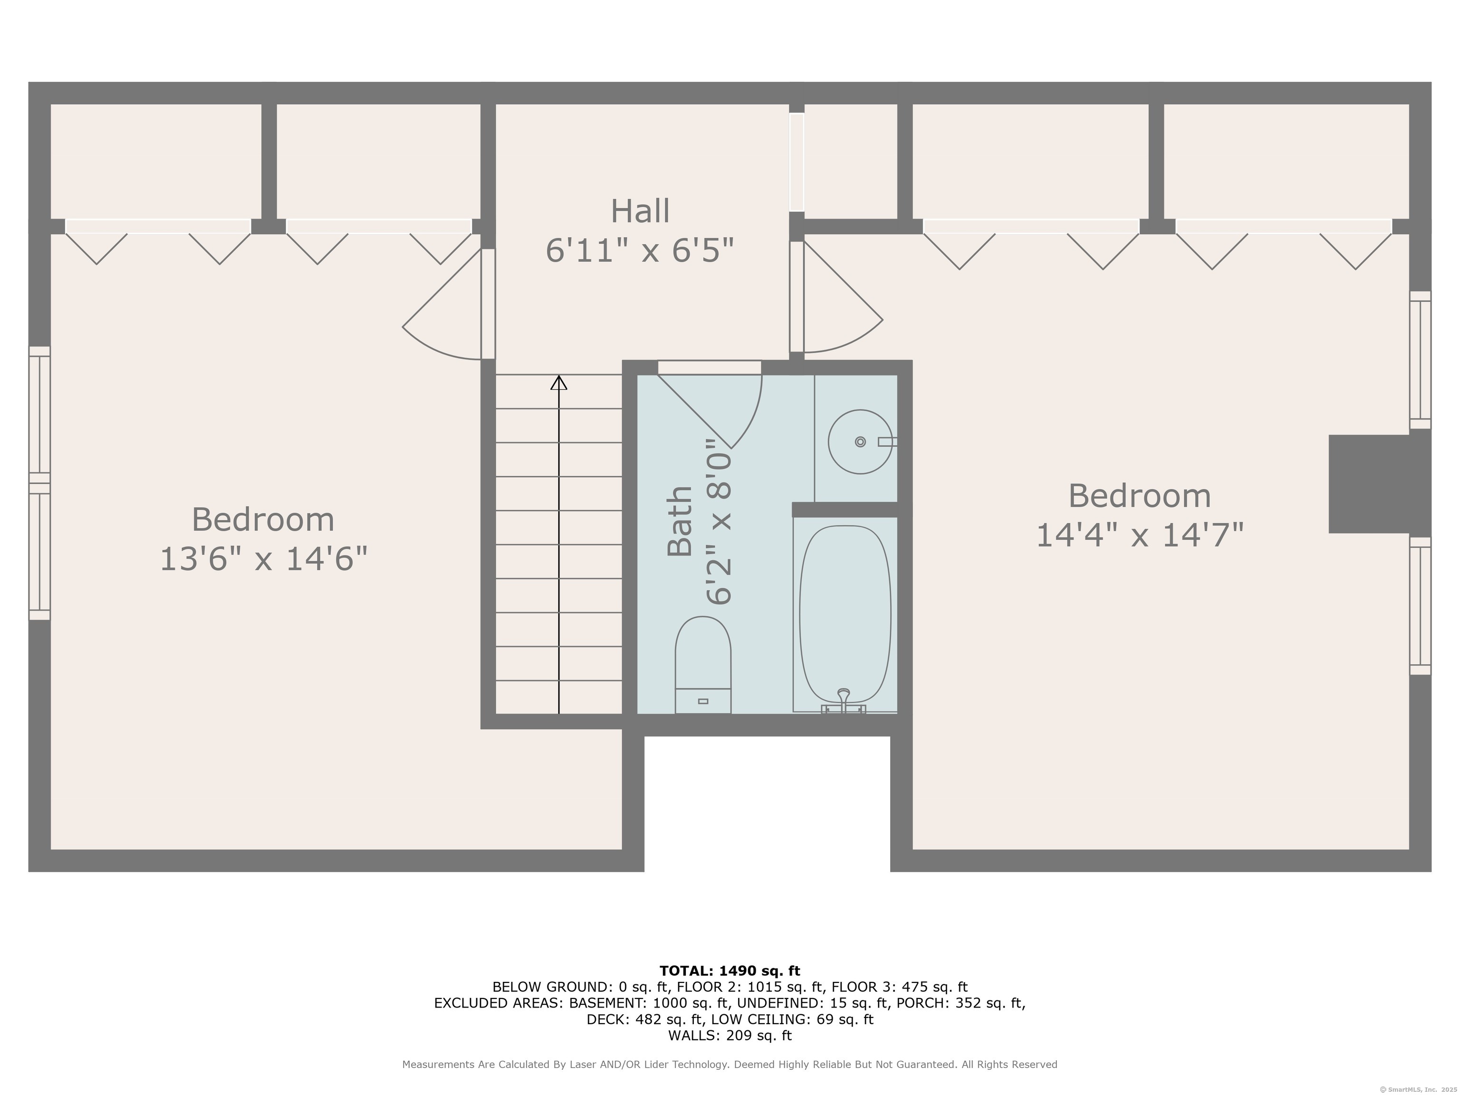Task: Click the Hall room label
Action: click(640, 211)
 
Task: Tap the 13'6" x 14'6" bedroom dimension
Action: click(263, 559)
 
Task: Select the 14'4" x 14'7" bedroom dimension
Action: click(1139, 535)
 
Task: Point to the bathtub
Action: click(845, 614)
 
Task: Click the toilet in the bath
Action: click(702, 663)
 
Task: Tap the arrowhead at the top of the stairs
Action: click(559, 382)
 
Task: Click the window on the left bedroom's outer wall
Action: click(39, 483)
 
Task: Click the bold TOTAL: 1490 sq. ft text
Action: click(730, 971)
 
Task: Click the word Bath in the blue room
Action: click(680, 521)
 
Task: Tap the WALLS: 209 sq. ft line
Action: click(730, 1036)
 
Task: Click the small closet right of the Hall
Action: click(850, 161)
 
